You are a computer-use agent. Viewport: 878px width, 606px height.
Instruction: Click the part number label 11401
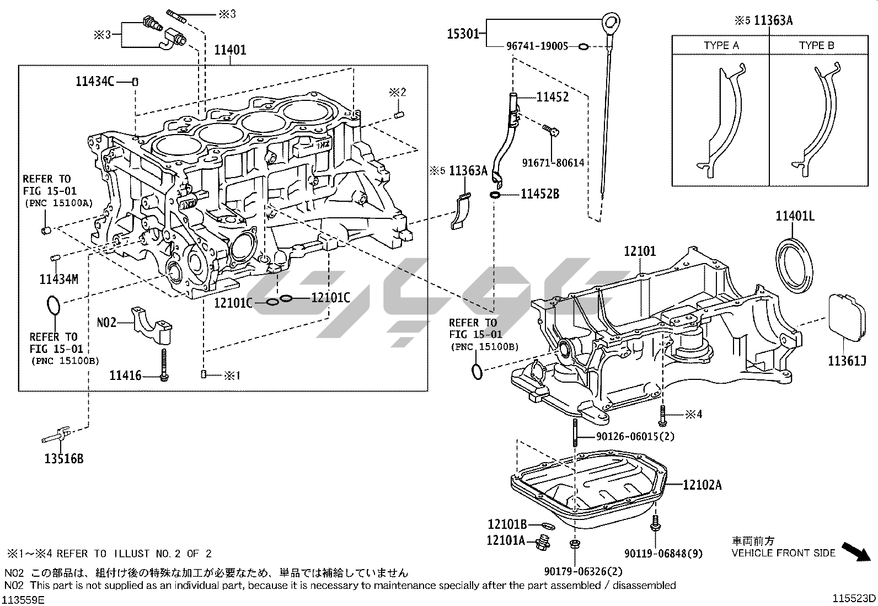click(230, 50)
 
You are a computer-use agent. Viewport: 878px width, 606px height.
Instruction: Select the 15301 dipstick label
click(464, 34)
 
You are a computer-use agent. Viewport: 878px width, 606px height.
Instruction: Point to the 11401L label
click(795, 216)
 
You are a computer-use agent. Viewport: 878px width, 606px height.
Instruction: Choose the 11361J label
click(847, 361)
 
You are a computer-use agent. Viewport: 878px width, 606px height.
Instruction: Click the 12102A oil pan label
click(702, 485)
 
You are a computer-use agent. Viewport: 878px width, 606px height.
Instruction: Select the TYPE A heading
click(721, 46)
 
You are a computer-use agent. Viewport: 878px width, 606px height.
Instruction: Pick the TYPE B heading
click(816, 46)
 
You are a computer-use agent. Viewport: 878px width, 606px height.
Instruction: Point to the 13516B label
click(64, 458)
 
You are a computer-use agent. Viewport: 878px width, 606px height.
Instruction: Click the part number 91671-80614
click(553, 163)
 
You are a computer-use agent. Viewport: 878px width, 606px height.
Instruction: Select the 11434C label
click(95, 82)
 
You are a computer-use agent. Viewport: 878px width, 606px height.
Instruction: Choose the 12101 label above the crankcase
click(640, 251)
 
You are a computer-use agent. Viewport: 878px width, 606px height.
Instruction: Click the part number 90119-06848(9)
click(664, 554)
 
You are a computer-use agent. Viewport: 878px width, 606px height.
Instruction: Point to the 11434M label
click(58, 279)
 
